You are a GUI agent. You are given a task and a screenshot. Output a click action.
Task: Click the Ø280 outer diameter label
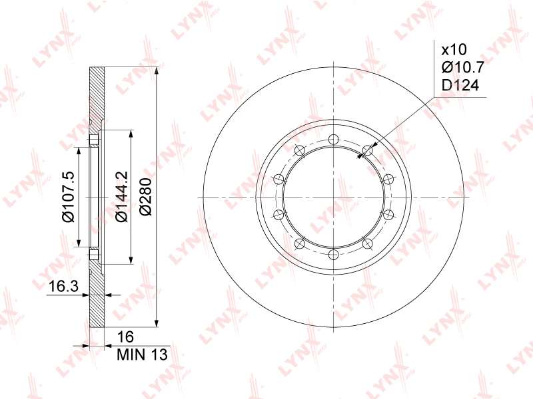pyautogui.click(x=146, y=196)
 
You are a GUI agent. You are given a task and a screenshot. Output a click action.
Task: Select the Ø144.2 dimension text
pyautogui.click(x=121, y=196)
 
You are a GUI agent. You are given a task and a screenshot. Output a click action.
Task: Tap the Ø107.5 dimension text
pyautogui.click(x=68, y=196)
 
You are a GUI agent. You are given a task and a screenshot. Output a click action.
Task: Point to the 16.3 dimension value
pyautogui.click(x=63, y=287)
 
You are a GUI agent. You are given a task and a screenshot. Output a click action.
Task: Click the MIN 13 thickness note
pyautogui.click(x=142, y=354)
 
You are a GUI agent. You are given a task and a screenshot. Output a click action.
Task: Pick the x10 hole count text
pyautogui.click(x=454, y=50)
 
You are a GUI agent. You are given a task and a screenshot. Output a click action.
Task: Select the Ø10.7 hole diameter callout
pyautogui.click(x=462, y=68)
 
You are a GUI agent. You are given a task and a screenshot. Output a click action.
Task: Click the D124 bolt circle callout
pyautogui.click(x=460, y=85)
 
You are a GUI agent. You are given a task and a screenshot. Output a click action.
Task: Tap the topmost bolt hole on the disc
pyautogui.click(x=334, y=140)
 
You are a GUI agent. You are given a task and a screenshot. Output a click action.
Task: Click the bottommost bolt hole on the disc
pyautogui.click(x=334, y=255)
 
